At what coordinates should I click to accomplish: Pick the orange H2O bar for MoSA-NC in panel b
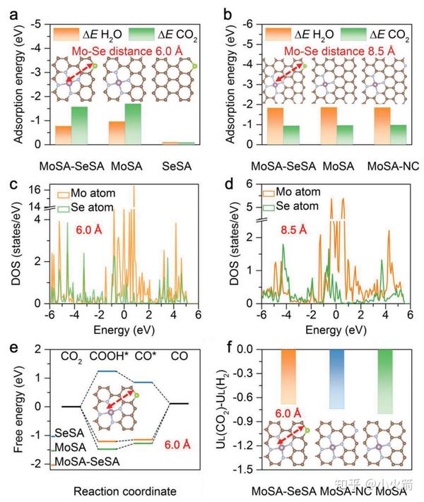[382, 125]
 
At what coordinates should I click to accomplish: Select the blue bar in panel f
[337, 378]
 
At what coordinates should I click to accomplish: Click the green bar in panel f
[385, 381]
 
